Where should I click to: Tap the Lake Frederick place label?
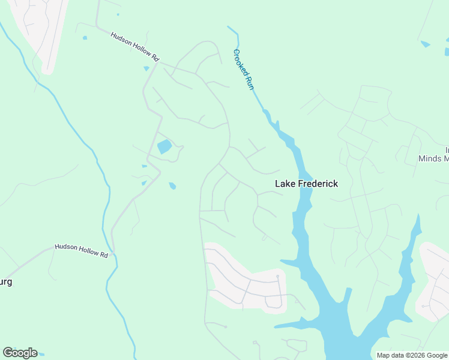point(306,184)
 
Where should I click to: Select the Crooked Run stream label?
point(244,69)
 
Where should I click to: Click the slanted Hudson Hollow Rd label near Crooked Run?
point(134,46)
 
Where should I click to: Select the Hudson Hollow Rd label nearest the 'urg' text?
point(81,250)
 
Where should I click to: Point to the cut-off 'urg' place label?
point(6,281)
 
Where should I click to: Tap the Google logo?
point(20,353)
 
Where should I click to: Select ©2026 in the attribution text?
point(417,355)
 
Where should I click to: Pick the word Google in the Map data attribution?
point(437,355)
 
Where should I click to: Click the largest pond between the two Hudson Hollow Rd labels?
point(164,147)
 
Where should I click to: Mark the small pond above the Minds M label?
point(426,44)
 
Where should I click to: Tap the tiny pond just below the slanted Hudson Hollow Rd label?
point(146,68)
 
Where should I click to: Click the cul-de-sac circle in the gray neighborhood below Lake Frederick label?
point(277,277)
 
